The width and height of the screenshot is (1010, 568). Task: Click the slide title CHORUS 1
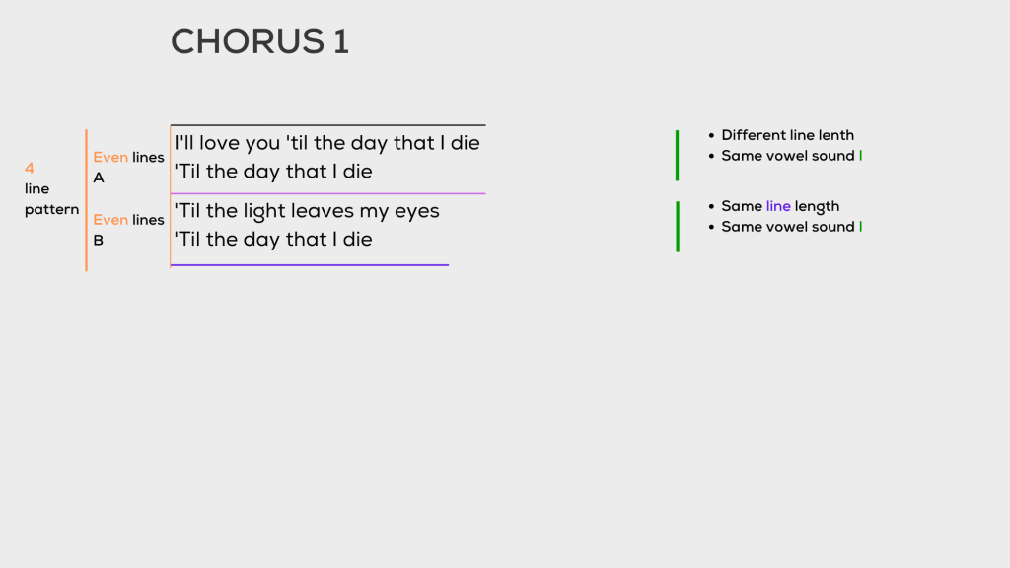pyautogui.click(x=259, y=41)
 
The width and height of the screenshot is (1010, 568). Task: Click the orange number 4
pyautogui.click(x=30, y=168)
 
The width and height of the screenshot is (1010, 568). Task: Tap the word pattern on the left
pyautogui.click(x=51, y=209)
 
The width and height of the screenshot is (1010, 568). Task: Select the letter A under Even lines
pyautogui.click(x=99, y=178)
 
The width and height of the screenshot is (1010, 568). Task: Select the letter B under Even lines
pyautogui.click(x=99, y=240)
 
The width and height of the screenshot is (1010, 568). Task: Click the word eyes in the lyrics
pyautogui.click(x=416, y=212)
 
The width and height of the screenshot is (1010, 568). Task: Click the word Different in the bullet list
pyautogui.click(x=754, y=135)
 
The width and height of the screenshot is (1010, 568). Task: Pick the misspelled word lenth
pyautogui.click(x=834, y=135)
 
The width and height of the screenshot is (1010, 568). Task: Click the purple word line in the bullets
pyautogui.click(x=778, y=206)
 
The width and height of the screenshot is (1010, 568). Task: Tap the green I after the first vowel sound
pyautogui.click(x=861, y=156)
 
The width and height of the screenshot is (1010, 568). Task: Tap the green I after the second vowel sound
pyautogui.click(x=861, y=227)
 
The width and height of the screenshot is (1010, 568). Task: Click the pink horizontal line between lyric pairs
pyautogui.click(x=328, y=193)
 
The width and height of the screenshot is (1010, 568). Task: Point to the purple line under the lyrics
pyautogui.click(x=310, y=264)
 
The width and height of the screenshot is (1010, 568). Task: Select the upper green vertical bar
pyautogui.click(x=677, y=155)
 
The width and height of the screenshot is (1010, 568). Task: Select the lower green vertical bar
pyautogui.click(x=677, y=226)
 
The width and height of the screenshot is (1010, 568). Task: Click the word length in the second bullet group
pyautogui.click(x=818, y=206)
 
